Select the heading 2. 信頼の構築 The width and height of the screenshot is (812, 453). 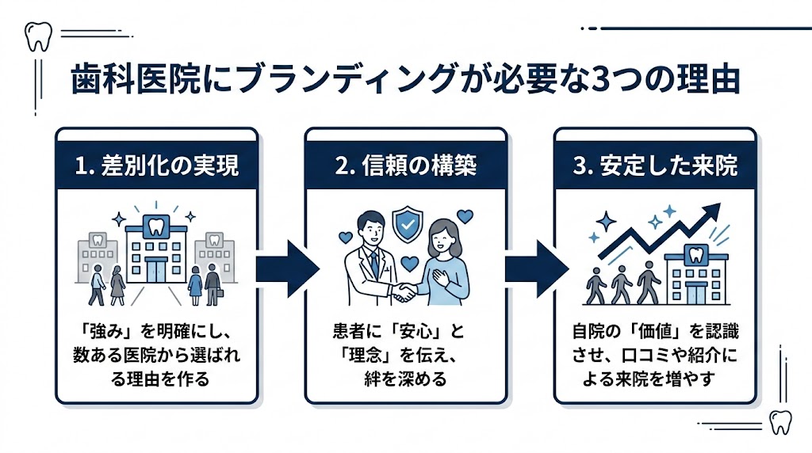click(x=405, y=167)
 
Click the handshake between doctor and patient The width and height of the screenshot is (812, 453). click(x=406, y=292)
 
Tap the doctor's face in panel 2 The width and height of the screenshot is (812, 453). click(x=371, y=227)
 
